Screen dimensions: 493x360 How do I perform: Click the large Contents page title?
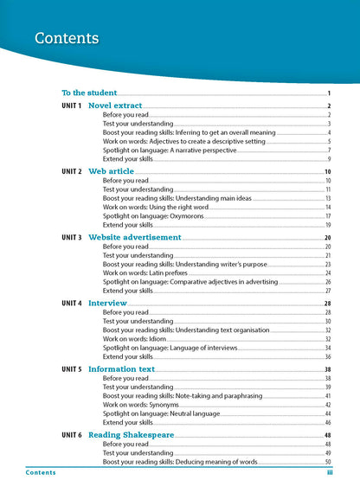[x=67, y=38]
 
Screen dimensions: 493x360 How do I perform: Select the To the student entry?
[x=88, y=93]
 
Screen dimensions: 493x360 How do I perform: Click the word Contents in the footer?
[x=41, y=473]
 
